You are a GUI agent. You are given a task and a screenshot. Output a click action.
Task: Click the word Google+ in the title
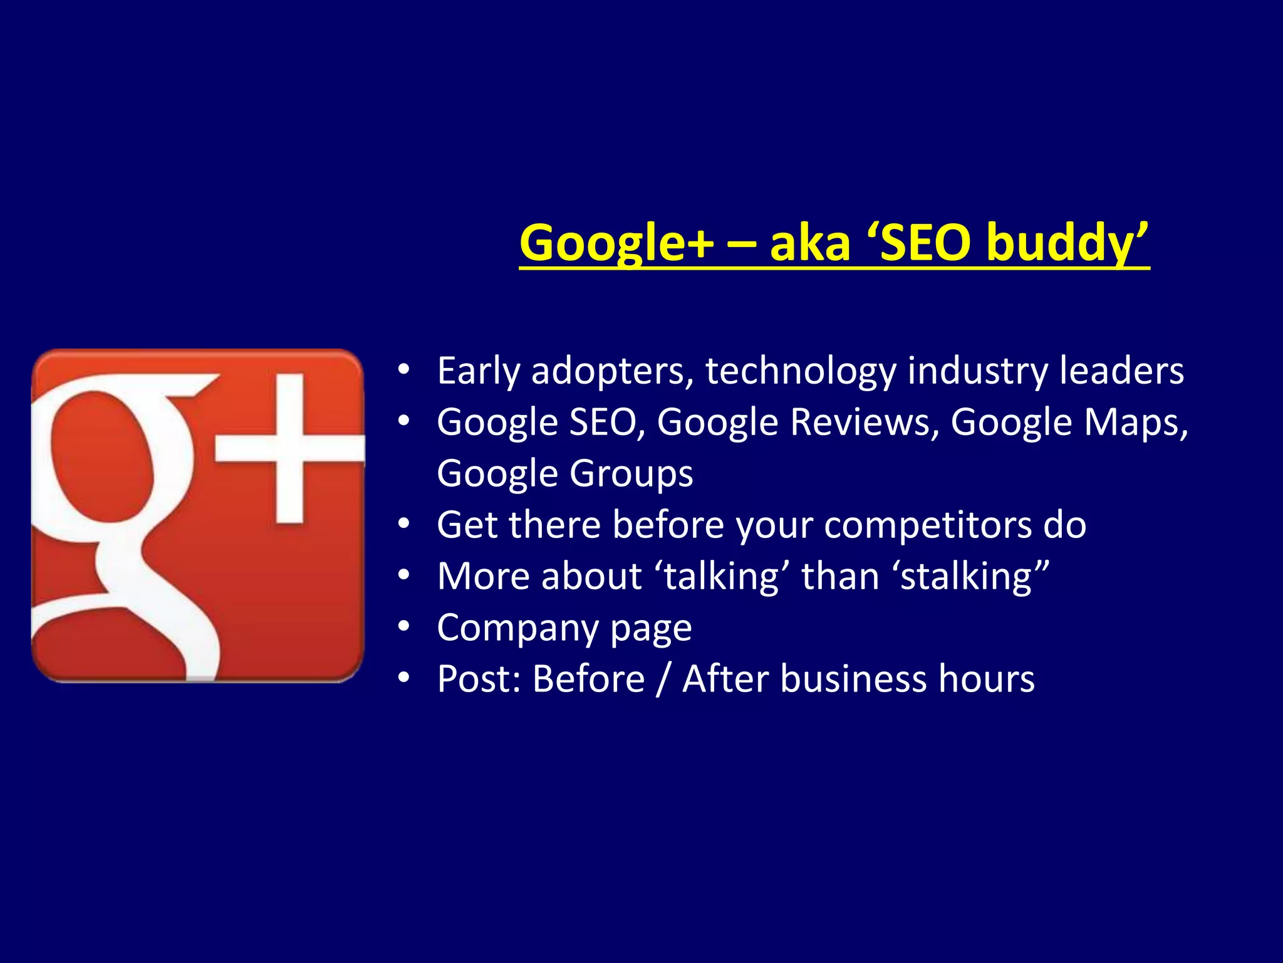coord(616,243)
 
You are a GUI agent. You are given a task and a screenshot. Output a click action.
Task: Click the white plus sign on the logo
coord(290,448)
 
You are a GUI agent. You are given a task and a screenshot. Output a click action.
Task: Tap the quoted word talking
coord(721,576)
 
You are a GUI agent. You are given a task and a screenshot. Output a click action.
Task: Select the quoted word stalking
coord(968,576)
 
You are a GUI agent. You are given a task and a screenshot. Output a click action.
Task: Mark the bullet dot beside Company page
coord(404,626)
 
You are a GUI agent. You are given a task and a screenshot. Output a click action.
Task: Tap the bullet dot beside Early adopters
coord(404,370)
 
